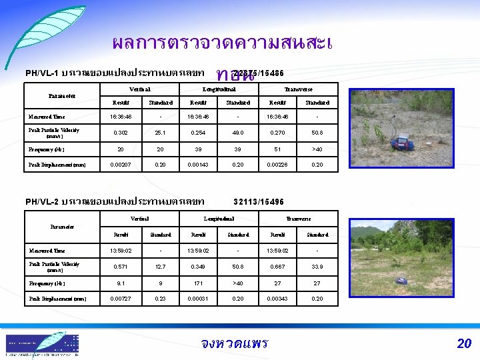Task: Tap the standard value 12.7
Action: click(161, 267)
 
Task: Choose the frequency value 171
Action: click(199, 283)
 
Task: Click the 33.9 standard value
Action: click(317, 267)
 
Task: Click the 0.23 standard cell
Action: click(161, 298)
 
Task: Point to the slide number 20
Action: click(464, 344)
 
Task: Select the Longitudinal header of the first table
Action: click(218, 89)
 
